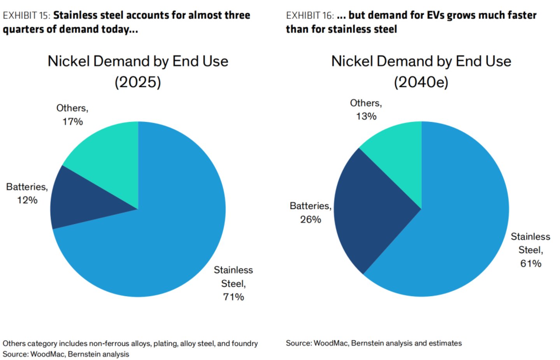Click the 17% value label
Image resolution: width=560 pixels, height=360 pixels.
click(72, 122)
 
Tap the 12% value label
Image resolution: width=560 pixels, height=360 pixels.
click(27, 200)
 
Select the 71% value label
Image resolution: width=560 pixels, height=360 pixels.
click(233, 297)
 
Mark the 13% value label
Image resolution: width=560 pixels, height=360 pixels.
click(366, 116)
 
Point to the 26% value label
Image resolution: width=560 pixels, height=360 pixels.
click(311, 220)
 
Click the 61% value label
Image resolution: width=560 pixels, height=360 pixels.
click(531, 263)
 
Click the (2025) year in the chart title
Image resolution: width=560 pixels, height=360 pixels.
click(138, 82)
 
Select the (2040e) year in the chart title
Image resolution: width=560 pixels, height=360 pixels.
click(421, 82)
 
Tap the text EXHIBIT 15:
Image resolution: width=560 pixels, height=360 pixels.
click(26, 15)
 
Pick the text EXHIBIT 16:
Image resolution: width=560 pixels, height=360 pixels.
click(310, 15)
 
